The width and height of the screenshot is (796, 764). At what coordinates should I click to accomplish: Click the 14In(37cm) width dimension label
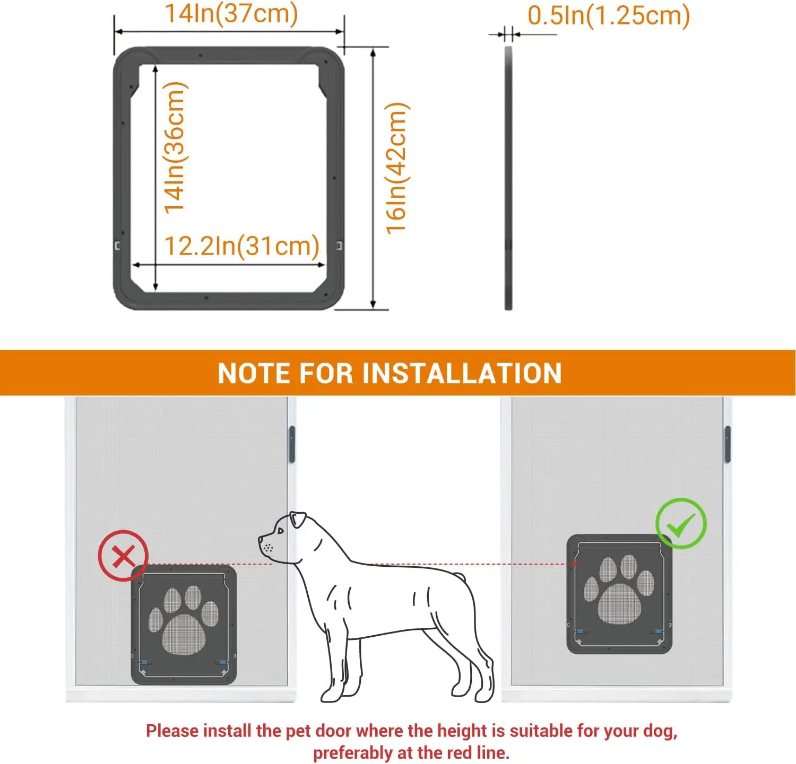(231, 14)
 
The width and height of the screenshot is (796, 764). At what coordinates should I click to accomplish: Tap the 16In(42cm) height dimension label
(396, 168)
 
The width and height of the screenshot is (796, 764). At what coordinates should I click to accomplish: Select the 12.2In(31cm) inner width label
(241, 246)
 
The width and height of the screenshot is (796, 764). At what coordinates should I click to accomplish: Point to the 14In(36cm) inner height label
(175, 147)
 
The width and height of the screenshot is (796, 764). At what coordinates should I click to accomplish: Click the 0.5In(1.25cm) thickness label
(609, 15)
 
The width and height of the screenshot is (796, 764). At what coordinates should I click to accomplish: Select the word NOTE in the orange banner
(255, 373)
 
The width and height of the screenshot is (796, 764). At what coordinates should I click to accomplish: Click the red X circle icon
(123, 556)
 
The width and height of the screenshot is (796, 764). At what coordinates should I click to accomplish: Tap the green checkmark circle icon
(681, 524)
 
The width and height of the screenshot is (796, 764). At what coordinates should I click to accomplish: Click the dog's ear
(297, 520)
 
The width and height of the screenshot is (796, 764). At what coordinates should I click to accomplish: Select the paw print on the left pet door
(184, 620)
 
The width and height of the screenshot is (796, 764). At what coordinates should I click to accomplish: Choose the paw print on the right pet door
(619, 589)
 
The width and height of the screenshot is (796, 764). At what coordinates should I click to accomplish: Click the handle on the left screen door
(291, 444)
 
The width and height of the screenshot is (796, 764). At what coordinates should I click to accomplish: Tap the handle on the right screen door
(728, 444)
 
